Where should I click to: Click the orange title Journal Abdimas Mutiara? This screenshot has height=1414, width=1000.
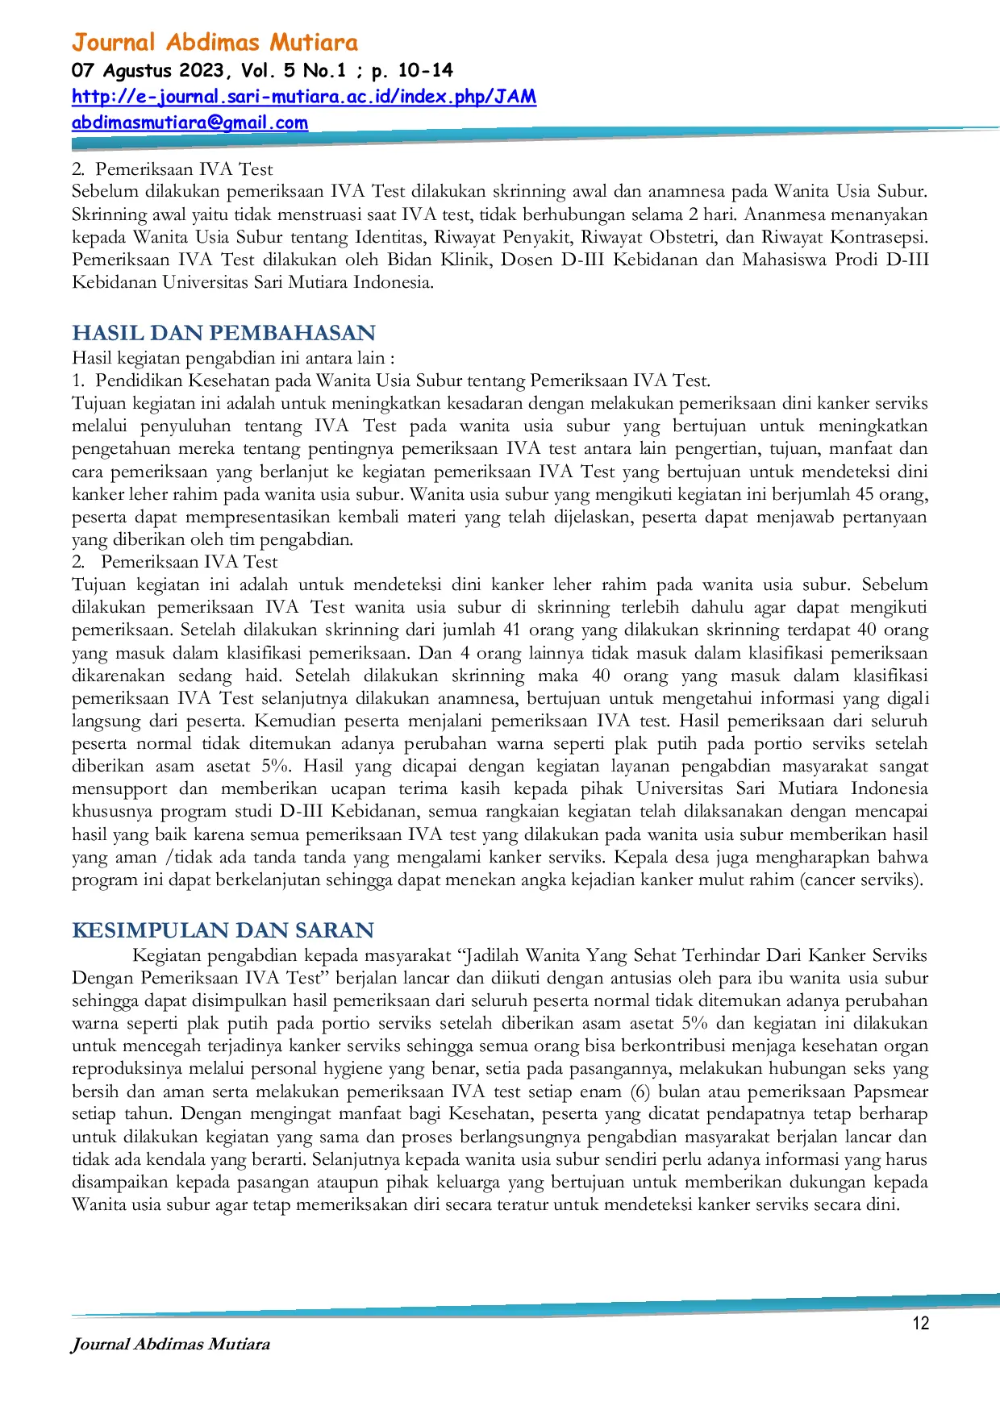pos(215,42)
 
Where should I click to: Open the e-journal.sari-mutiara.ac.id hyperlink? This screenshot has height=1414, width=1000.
pos(303,97)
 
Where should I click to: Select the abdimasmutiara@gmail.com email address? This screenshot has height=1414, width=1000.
pos(190,123)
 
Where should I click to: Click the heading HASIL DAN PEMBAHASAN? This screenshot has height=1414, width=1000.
pos(223,333)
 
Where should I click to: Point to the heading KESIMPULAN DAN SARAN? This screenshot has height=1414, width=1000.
pos(223,930)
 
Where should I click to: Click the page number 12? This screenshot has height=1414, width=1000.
pos(920,1323)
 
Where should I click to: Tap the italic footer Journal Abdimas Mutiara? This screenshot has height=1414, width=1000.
pos(170,1344)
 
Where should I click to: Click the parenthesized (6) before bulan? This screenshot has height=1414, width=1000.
pos(640,1092)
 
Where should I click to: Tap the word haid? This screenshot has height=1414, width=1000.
pos(260,676)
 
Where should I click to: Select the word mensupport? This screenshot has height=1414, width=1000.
pos(119,789)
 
